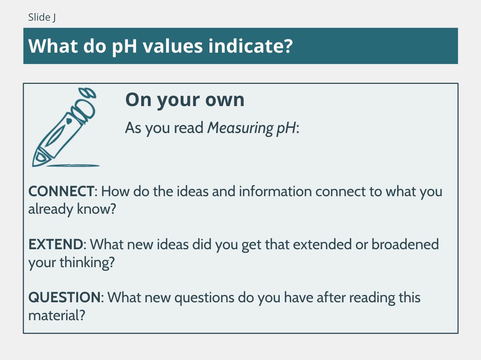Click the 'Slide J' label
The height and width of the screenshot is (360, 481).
tap(42, 17)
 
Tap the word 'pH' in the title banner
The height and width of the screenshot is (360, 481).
tap(124, 47)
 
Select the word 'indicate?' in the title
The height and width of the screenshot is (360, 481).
tap(250, 46)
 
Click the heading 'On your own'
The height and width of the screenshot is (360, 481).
tap(185, 100)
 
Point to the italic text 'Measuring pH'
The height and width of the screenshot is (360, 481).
tap(252, 128)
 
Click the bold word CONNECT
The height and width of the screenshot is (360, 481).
tap(61, 191)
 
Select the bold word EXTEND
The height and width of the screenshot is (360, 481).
tap(56, 244)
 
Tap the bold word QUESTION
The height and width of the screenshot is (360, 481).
tap(64, 297)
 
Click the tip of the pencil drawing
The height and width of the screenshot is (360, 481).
tap(33, 166)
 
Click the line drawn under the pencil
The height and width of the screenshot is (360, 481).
tap(73, 166)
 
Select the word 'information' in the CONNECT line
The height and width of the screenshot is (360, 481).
tap(275, 191)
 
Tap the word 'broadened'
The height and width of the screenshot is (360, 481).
tap(405, 244)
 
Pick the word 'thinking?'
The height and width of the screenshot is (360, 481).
tap(87, 262)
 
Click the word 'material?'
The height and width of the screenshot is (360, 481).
tap(57, 316)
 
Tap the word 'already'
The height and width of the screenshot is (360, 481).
tap(51, 209)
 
